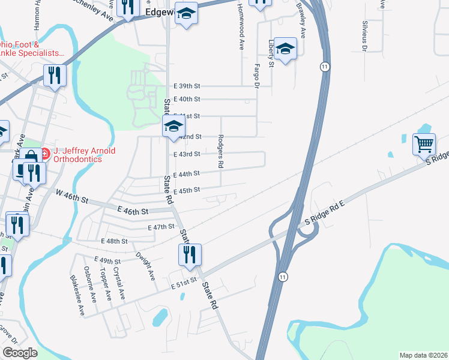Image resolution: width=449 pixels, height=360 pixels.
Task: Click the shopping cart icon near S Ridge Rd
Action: click(x=424, y=145)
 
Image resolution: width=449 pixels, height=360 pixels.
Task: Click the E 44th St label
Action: click(x=186, y=174)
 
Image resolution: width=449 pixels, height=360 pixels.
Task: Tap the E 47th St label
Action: click(x=160, y=228)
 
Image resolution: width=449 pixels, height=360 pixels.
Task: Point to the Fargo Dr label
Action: click(x=256, y=76)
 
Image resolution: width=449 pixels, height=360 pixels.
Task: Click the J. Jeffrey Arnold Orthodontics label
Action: click(x=84, y=155)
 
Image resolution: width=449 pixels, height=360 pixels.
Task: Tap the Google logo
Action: click(x=20, y=353)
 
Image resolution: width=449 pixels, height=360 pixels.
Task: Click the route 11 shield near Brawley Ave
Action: click(x=324, y=65)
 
